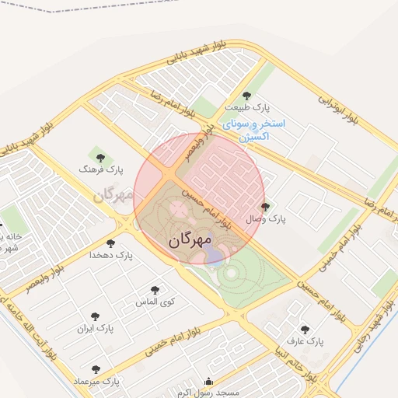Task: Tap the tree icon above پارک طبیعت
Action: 246,96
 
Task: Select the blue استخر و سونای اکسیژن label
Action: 254,130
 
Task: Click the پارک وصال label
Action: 267,219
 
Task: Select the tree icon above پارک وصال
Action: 267,207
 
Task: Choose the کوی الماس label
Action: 155,301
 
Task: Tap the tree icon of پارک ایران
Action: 95,316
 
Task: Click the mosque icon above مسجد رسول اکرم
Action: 208,382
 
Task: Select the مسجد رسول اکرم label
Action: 208,393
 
